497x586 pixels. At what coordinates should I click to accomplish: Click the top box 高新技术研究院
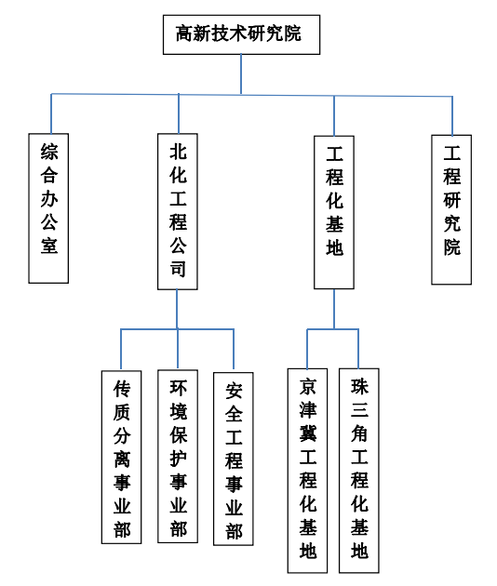(241, 34)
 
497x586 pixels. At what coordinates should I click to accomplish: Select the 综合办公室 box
(48, 208)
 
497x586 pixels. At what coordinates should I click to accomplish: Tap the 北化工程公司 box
(178, 211)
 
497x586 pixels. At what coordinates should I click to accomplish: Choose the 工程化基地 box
(334, 212)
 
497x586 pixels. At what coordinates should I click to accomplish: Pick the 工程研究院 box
(451, 209)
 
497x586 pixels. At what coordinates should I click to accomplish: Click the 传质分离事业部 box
(122, 457)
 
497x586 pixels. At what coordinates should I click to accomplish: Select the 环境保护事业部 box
(178, 457)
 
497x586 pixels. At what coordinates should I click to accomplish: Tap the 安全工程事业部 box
(234, 459)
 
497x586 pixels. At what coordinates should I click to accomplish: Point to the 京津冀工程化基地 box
(307, 471)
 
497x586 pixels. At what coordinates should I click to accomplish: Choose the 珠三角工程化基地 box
(359, 471)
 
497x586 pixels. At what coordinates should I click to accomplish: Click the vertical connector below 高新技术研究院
(241, 74)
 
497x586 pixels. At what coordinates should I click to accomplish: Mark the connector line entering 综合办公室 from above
(51, 113)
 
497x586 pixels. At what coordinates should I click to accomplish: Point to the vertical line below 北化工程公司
(177, 309)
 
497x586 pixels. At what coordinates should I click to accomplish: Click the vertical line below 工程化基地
(334, 309)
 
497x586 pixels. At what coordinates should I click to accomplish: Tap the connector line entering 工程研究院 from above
(452, 116)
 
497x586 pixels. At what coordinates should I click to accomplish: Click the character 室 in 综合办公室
(49, 246)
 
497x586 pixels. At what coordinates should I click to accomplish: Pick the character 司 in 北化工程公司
(178, 268)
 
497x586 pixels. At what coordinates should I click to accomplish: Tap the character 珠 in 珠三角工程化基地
(359, 386)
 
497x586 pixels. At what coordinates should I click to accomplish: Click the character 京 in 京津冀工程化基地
(308, 386)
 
